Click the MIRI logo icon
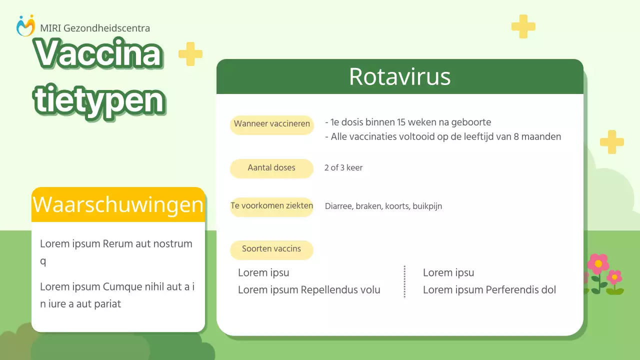click(x=25, y=26)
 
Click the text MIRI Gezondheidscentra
click(x=95, y=28)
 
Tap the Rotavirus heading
click(x=399, y=77)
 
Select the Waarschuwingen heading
click(x=118, y=205)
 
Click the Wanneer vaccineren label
click(x=271, y=124)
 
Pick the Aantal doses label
click(x=271, y=168)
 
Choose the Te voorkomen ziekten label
click(x=271, y=206)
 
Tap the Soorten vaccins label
click(x=271, y=249)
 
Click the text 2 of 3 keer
click(x=343, y=168)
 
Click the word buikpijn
click(x=427, y=206)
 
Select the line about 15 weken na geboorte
click(x=408, y=122)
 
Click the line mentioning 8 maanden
click(x=443, y=137)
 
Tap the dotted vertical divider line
click(x=404, y=281)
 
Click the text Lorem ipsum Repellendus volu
click(x=309, y=290)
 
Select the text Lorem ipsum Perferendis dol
click(x=489, y=290)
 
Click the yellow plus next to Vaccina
click(x=190, y=54)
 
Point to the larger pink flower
click(x=598, y=264)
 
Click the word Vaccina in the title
click(x=98, y=53)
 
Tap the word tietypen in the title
click(x=99, y=100)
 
